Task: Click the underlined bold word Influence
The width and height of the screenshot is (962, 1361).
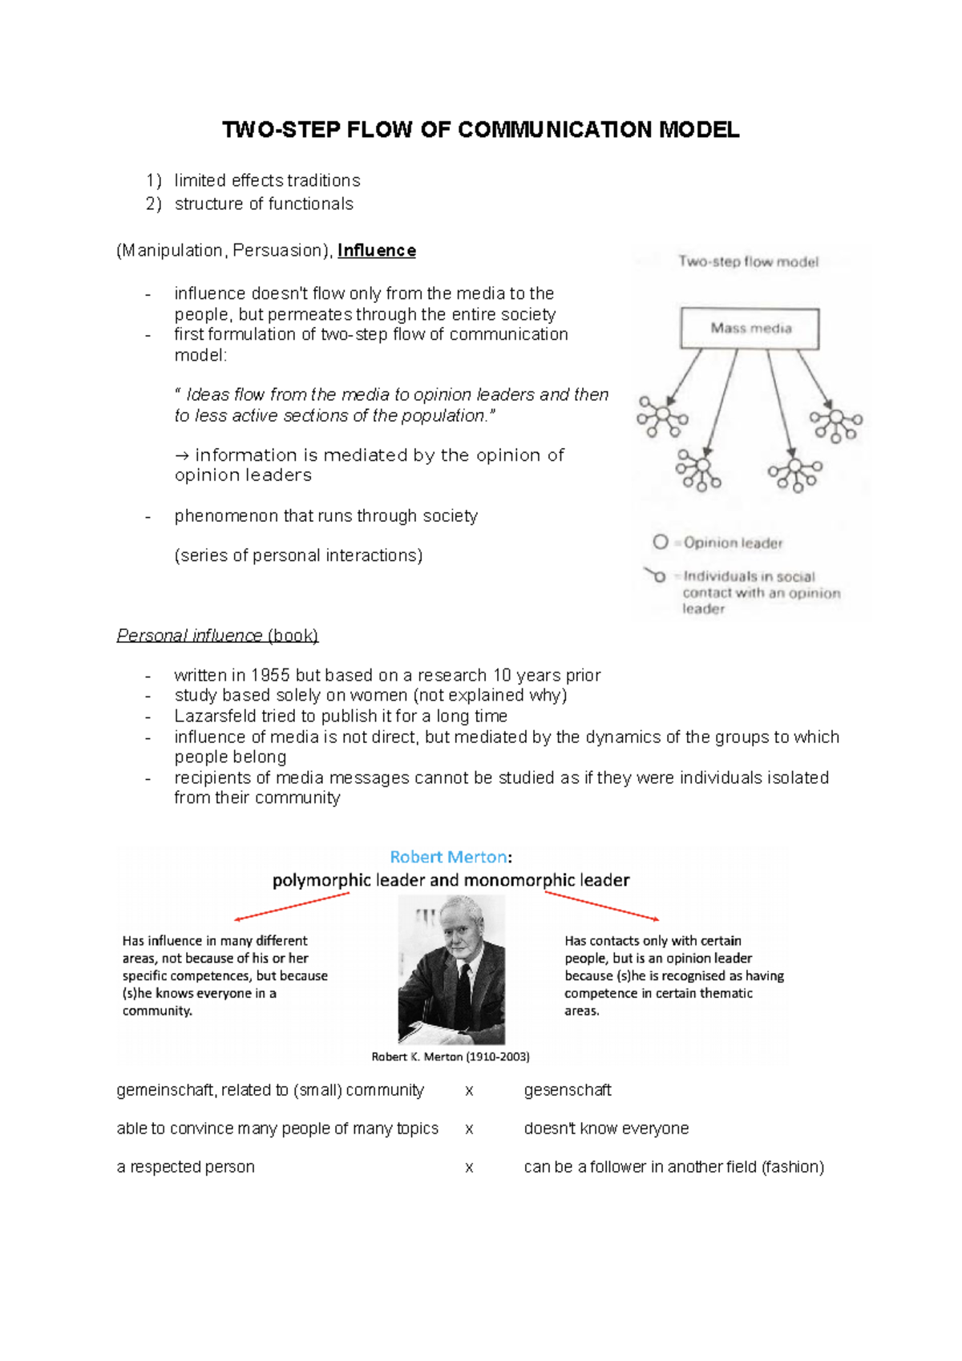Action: tap(377, 251)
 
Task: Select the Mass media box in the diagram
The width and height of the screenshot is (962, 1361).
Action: tap(750, 328)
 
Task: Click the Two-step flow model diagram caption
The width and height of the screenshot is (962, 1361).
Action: tap(748, 261)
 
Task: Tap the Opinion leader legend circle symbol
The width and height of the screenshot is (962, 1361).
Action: tap(660, 543)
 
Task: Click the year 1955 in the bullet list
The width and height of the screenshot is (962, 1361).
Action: tap(270, 676)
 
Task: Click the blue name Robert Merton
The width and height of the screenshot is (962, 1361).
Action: tap(447, 857)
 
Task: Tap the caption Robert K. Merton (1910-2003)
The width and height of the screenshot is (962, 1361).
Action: tap(451, 1057)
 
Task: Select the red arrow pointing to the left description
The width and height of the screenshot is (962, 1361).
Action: tap(292, 907)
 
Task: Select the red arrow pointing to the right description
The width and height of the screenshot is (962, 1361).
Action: tap(602, 906)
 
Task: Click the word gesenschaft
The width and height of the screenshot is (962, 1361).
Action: tap(568, 1090)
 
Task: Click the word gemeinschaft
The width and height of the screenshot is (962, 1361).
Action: tap(165, 1090)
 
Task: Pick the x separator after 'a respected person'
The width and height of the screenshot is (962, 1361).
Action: tap(469, 1168)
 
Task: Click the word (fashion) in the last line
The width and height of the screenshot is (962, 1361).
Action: tap(793, 1167)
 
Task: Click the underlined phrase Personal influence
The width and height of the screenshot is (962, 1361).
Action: tap(189, 636)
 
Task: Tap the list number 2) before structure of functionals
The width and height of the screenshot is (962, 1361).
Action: tap(153, 204)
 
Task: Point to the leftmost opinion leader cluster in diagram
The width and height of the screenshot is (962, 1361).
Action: tap(662, 417)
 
